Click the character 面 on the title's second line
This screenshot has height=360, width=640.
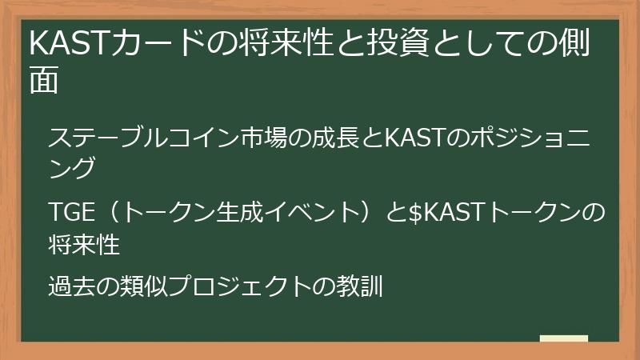click(44, 81)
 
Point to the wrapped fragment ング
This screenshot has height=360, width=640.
click(72, 167)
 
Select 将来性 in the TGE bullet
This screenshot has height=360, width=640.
click(84, 244)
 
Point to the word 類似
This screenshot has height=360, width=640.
click(144, 286)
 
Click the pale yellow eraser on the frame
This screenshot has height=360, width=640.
click(564, 339)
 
